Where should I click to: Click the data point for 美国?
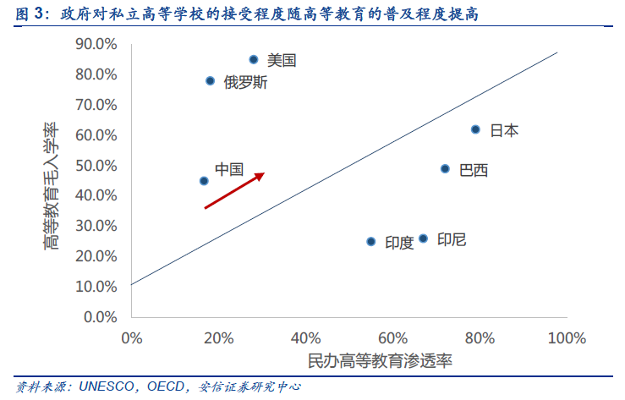(253, 59)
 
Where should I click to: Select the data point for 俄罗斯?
(210, 81)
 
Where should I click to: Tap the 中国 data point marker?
(203, 181)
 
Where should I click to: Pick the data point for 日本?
(475, 129)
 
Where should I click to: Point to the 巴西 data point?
(445, 169)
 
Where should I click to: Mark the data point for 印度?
(370, 242)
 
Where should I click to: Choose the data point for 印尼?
(423, 238)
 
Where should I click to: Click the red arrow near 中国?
(234, 190)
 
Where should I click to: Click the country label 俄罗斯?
(246, 83)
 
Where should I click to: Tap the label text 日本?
(504, 130)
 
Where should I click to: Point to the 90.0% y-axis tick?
(96, 44)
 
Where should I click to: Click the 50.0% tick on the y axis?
(96, 166)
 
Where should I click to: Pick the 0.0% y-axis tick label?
(99, 317)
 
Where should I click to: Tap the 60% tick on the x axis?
(392, 338)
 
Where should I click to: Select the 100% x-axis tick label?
(566, 338)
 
